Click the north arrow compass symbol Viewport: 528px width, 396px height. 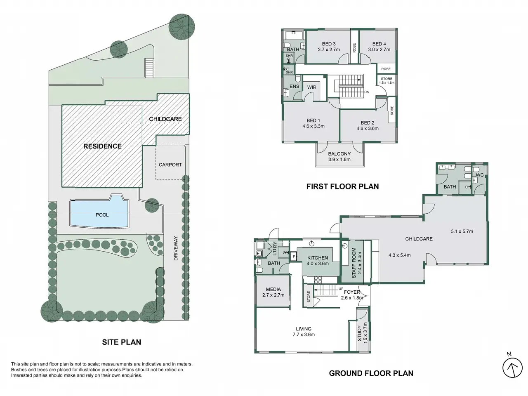[512, 368]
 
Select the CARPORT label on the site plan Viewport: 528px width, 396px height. [170, 165]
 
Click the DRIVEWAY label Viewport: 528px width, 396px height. [176, 248]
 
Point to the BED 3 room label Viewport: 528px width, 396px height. [329, 44]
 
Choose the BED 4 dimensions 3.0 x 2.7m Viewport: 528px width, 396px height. [379, 49]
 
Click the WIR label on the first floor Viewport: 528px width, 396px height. [312, 87]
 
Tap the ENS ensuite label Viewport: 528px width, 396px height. [295, 86]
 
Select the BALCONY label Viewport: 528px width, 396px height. [339, 153]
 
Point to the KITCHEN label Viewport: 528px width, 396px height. [318, 258]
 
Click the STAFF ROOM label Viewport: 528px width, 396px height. [354, 263]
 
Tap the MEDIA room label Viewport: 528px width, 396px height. [273, 289]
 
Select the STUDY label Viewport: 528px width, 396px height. [359, 333]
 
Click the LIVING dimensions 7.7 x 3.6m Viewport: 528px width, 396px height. [304, 335]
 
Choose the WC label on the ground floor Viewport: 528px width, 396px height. [480, 175]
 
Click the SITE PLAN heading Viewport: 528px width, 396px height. [121, 342]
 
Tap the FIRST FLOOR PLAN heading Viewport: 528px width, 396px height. [342, 186]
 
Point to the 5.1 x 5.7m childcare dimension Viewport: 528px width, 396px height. [462, 231]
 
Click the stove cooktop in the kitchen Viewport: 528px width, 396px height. [318, 279]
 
